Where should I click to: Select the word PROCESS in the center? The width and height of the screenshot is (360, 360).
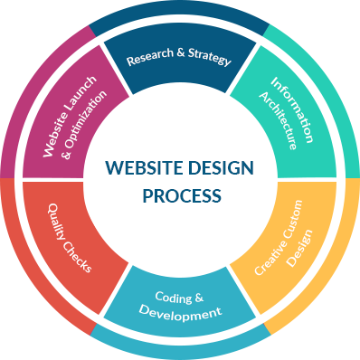(x=180, y=194)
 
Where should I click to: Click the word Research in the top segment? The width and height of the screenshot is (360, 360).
(x=147, y=61)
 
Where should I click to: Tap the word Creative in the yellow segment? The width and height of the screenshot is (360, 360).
(x=266, y=260)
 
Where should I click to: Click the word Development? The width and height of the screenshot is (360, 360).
(x=180, y=314)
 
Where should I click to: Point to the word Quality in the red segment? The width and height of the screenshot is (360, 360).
(x=61, y=222)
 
